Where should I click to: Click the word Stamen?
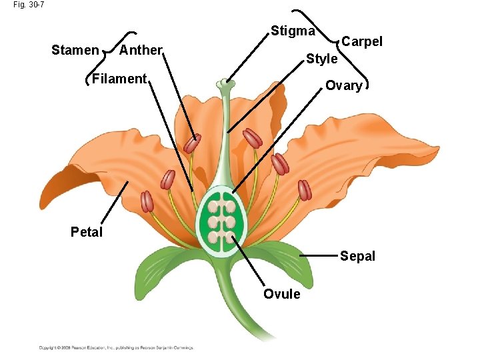[x=75, y=50]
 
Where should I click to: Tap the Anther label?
[x=141, y=50]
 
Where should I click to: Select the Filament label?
[x=119, y=79]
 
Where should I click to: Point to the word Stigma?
[x=293, y=31]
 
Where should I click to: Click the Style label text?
[x=321, y=59]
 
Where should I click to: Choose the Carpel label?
[x=362, y=41]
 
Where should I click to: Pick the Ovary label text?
[x=343, y=85]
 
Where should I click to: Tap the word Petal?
[x=87, y=232]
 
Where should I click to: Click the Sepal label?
[x=358, y=256]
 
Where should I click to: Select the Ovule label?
[x=282, y=294]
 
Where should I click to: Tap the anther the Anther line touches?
[x=193, y=143]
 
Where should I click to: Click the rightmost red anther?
[x=305, y=190]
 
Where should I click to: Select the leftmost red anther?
[x=147, y=201]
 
